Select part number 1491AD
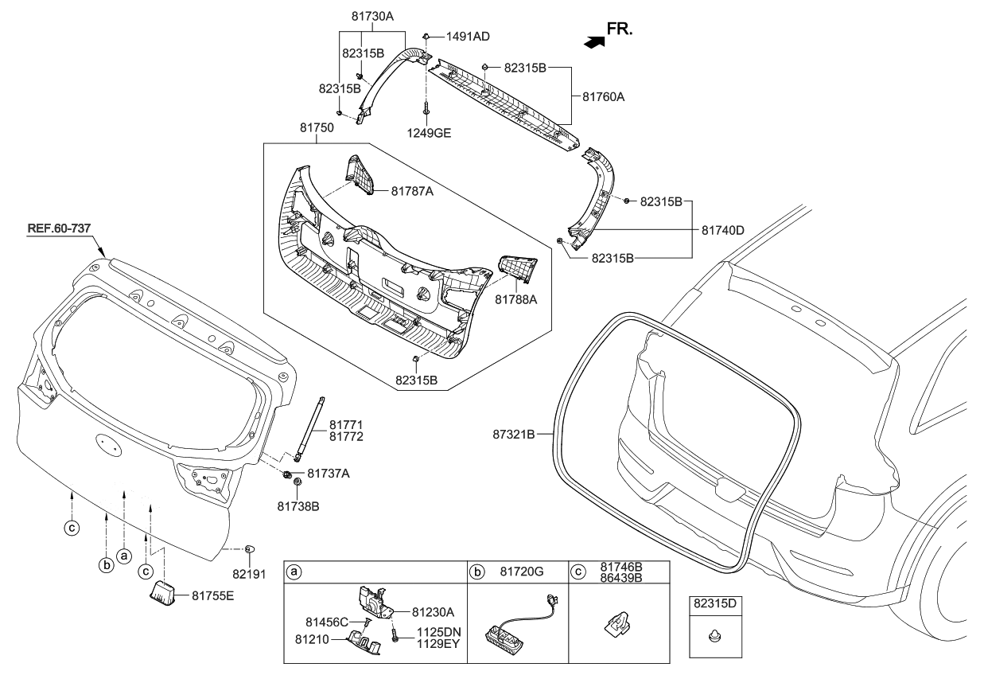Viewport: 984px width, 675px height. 468,37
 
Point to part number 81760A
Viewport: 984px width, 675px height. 604,97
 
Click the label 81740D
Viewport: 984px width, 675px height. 722,229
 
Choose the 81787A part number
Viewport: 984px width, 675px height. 413,191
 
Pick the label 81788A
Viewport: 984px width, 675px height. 518,299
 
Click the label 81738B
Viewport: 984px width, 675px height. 298,505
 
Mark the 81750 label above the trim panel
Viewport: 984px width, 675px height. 316,127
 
